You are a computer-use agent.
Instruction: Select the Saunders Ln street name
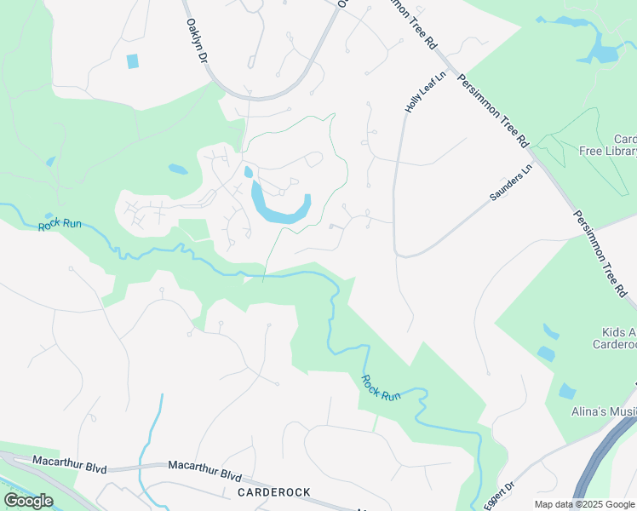[510, 181]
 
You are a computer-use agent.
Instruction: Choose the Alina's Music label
[603, 413]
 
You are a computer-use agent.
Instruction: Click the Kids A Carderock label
[615, 337]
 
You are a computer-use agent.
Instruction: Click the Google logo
[28, 500]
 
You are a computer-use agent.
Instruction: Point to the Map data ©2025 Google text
[584, 504]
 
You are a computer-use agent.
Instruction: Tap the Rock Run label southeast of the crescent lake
[381, 388]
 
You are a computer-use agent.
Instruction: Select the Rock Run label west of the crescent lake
[60, 225]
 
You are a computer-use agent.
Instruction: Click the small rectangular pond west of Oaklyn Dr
[132, 60]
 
